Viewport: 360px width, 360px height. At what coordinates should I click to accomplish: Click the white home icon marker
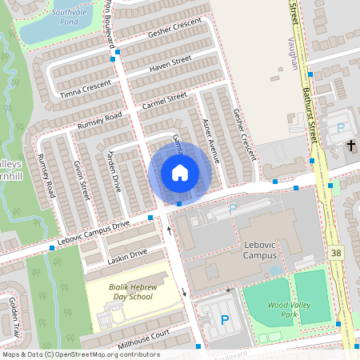pyautogui.click(x=179, y=172)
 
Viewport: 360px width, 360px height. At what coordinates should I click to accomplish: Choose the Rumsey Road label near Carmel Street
pyautogui.click(x=100, y=121)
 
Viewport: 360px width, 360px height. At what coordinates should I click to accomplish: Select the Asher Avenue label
pyautogui.click(x=210, y=136)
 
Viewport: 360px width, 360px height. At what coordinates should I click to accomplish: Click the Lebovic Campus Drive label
pyautogui.click(x=94, y=230)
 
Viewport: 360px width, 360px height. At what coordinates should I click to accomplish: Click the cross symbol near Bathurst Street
pyautogui.click(x=352, y=146)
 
